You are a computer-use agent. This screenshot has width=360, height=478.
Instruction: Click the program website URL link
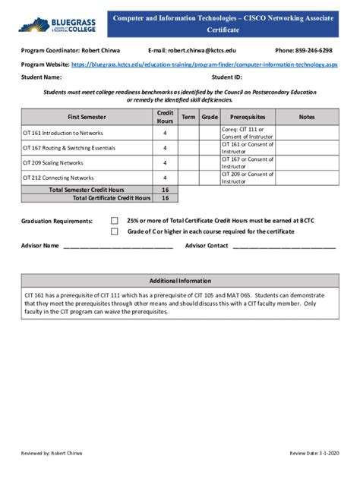205,64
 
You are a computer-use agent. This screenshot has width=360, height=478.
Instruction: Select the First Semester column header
87,117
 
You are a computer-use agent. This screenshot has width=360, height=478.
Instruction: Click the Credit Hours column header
165,117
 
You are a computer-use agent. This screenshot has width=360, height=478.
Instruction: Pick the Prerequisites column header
248,117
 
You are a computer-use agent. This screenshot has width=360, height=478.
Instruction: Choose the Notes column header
307,117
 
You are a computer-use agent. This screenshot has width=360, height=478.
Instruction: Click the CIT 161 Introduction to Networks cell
87,132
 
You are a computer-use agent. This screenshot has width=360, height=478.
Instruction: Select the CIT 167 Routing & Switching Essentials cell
87,147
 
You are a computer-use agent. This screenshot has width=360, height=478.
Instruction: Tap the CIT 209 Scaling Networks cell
87,162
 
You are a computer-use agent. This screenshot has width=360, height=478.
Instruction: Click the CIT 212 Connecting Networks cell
87,178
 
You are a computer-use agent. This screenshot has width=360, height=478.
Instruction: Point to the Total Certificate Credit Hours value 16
165,197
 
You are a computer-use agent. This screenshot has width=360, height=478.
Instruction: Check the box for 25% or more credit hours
115,221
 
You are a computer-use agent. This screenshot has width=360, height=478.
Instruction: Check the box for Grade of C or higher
115,231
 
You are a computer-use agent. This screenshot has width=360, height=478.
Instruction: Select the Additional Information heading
180,280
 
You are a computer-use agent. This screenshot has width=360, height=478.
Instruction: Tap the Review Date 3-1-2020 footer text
314,453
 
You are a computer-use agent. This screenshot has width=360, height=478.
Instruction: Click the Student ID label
226,77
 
